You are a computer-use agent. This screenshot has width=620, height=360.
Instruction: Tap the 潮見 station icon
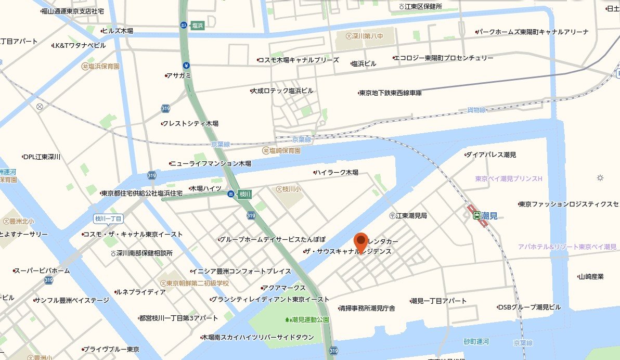[477, 215]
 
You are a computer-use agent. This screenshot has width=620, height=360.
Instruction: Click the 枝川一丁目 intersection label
[108, 218]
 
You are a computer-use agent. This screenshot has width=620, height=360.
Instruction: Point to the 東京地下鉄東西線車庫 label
[390, 93]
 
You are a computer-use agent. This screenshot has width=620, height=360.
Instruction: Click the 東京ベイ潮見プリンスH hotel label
[509, 179]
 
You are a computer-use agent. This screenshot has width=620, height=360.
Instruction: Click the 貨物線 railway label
[476, 110]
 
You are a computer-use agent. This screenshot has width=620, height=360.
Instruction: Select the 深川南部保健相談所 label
[144, 253]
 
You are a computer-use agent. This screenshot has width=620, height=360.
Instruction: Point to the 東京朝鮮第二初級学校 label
[198, 283]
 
